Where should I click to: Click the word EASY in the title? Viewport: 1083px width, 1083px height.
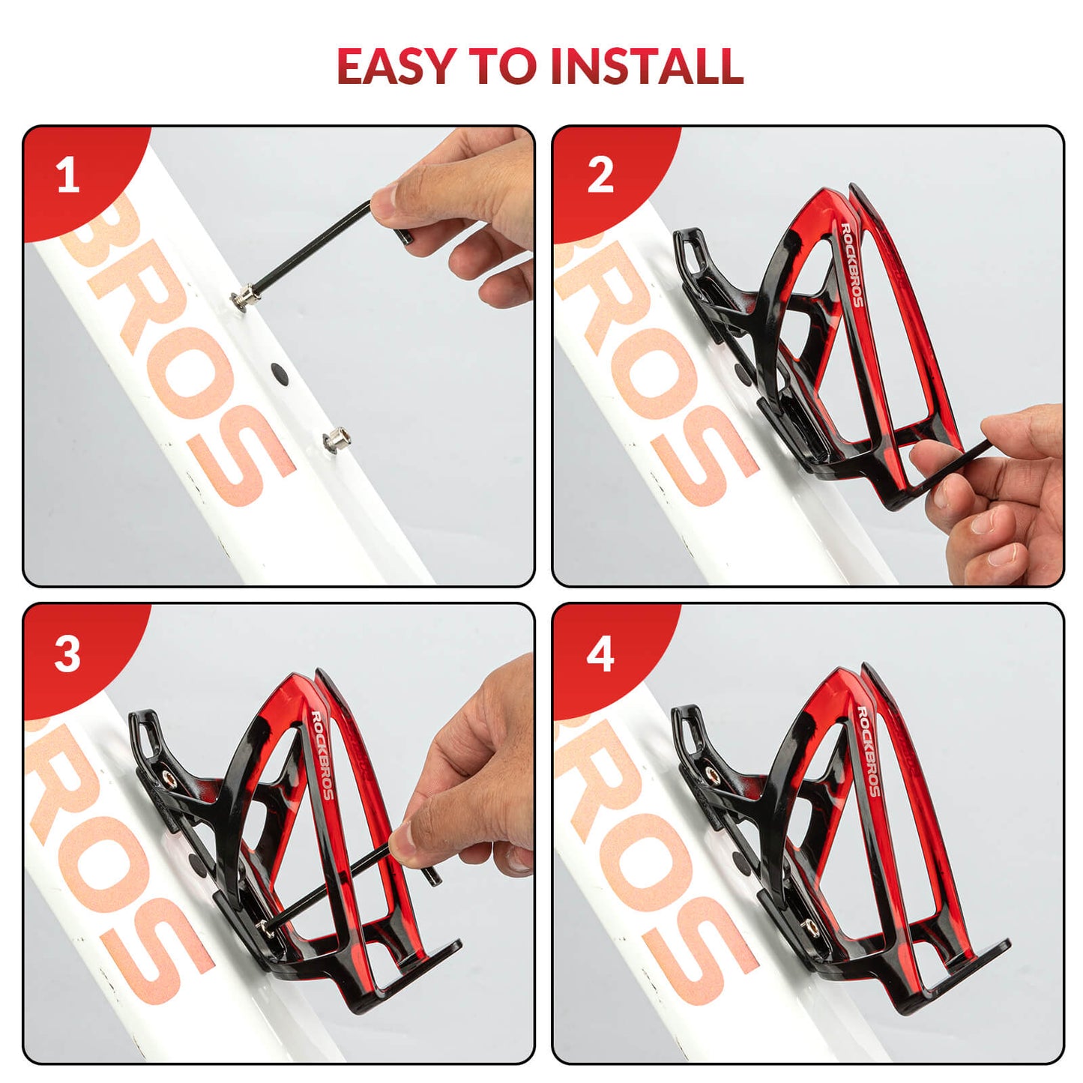pos(396,66)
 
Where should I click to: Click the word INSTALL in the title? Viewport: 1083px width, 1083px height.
pos(647,66)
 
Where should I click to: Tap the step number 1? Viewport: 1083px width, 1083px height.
pos(68,176)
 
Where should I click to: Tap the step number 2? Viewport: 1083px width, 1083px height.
pos(600,176)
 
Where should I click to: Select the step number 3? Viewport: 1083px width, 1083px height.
pos(67,654)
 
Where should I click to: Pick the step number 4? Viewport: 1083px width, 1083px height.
pos(600,654)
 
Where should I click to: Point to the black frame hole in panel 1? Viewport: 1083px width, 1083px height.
pos(278,372)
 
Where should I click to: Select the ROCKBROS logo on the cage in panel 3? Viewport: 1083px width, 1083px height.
pos(322,754)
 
